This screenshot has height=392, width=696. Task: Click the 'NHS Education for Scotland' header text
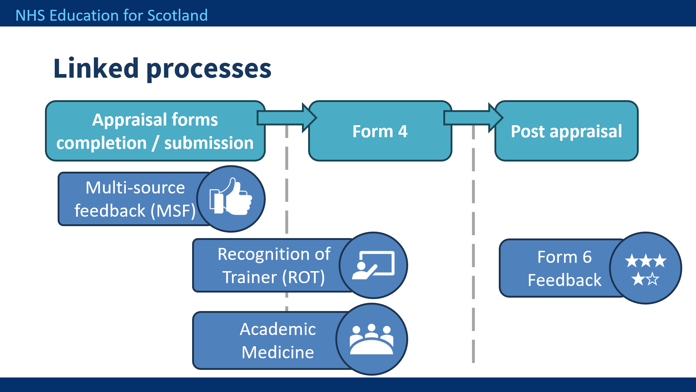click(x=112, y=15)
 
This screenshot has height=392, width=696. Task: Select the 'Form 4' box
click(x=380, y=131)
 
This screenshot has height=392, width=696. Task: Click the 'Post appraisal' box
click(x=566, y=131)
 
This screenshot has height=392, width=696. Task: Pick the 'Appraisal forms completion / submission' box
click(x=155, y=131)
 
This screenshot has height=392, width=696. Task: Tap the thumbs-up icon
click(x=231, y=196)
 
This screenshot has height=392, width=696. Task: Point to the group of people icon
click(x=372, y=339)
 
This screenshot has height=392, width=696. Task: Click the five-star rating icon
click(x=646, y=269)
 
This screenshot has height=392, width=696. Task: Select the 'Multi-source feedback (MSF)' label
click(x=135, y=199)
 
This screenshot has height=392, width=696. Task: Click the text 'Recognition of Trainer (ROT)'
click(x=274, y=265)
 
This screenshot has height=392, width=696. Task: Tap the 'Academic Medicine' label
click(x=278, y=340)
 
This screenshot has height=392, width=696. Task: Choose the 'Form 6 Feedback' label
click(x=564, y=268)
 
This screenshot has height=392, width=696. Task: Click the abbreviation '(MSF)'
click(x=173, y=211)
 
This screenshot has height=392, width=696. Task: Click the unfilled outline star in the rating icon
click(x=652, y=279)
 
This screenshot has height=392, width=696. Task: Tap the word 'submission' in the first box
click(x=209, y=143)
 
